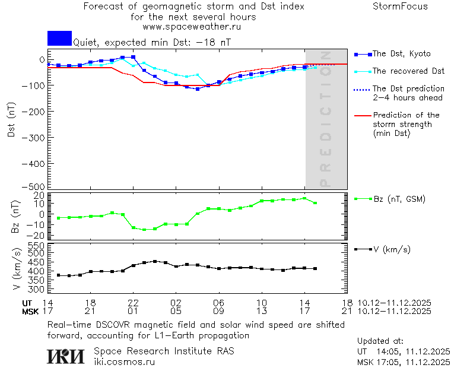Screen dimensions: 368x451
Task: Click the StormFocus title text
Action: [400, 7]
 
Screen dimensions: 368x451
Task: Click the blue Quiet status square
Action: [59, 38]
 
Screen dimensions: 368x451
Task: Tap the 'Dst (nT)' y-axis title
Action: [11, 121]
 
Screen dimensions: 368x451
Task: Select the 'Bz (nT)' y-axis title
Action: [16, 216]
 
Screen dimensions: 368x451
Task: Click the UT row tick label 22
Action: [134, 302]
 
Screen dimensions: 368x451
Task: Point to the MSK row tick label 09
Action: [219, 310]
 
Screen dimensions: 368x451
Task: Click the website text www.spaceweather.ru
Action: [192, 27]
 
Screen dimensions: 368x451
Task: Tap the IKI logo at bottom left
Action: [66, 356]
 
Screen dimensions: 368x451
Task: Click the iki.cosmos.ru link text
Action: [124, 361]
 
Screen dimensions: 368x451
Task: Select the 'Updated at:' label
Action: [380, 341]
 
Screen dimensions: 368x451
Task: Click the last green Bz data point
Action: [315, 203]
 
